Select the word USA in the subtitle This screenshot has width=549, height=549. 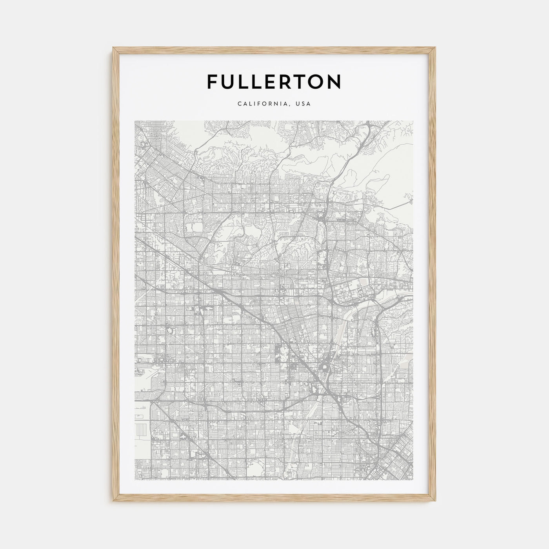click(x=304, y=104)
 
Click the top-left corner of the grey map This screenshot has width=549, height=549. click(x=135, y=121)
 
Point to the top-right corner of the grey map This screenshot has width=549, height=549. click(x=413, y=121)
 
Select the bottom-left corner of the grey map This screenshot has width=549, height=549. click(x=135, y=480)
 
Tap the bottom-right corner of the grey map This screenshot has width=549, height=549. click(x=413, y=480)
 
